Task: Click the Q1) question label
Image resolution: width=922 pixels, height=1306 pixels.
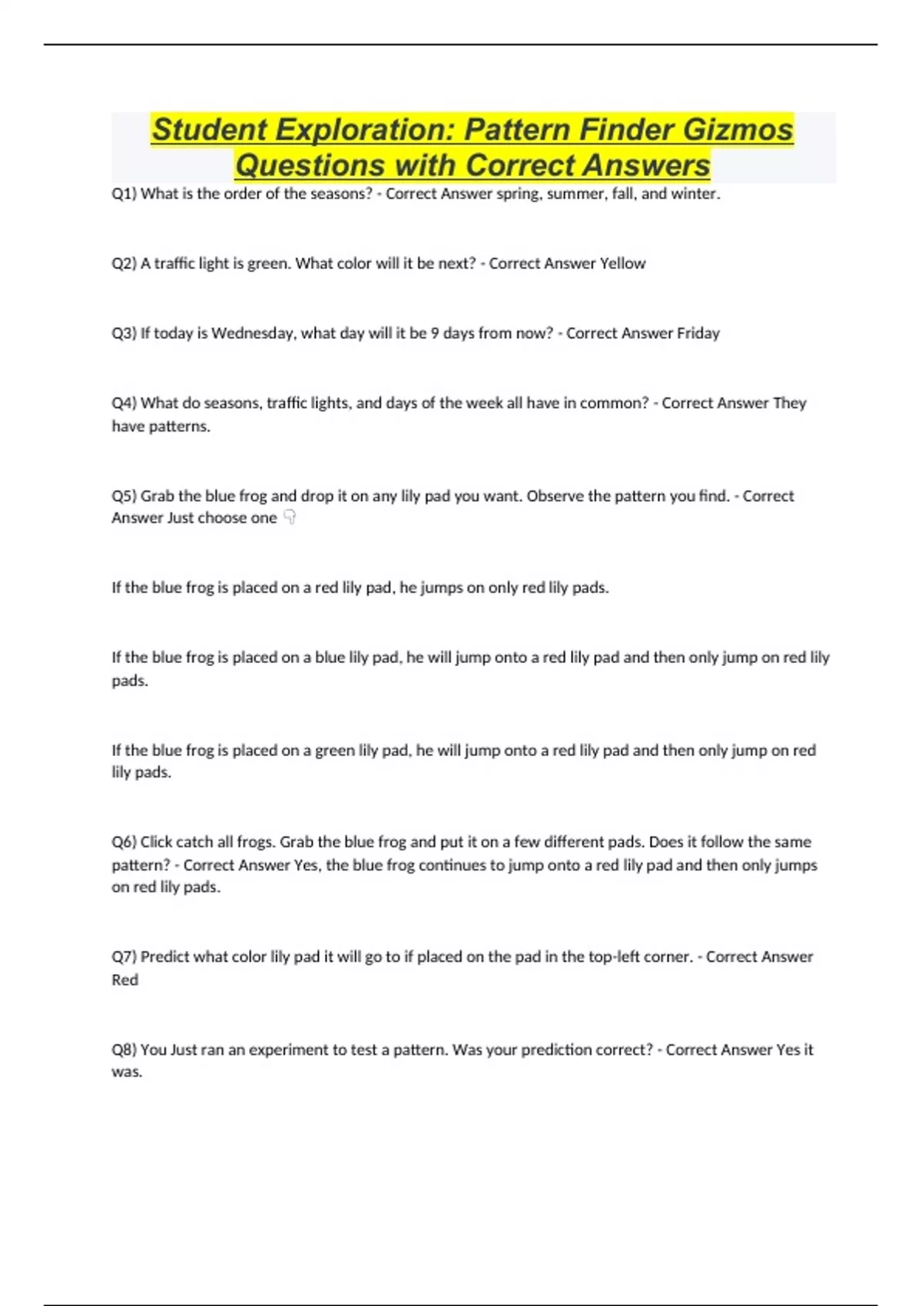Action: tap(124, 194)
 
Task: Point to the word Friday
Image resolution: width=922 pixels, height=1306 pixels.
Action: tap(698, 333)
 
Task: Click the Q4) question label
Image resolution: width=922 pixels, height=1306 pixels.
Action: tap(124, 403)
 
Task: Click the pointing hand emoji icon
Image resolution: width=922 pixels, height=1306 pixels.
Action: tap(290, 518)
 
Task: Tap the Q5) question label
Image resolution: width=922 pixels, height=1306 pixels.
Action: tap(124, 496)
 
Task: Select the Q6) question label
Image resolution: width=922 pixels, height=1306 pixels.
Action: tap(124, 842)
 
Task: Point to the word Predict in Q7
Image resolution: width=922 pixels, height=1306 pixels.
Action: tap(164, 957)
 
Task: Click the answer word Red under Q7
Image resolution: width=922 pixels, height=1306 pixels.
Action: tap(125, 980)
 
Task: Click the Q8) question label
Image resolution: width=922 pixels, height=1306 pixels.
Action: tap(124, 1050)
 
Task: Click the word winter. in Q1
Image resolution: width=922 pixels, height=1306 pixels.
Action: tap(695, 194)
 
